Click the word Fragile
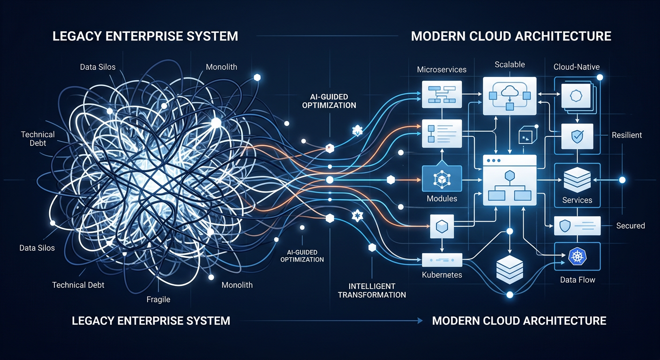click(x=158, y=299)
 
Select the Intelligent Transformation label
click(x=372, y=291)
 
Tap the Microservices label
click(x=442, y=69)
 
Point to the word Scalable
click(x=510, y=65)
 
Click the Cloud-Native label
click(x=576, y=67)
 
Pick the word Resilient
click(x=627, y=135)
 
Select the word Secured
click(x=630, y=226)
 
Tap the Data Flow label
click(x=577, y=280)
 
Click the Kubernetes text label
click(x=442, y=275)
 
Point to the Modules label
click(x=442, y=199)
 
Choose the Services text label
click(x=577, y=200)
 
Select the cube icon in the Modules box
click(x=442, y=179)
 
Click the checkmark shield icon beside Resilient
click(x=577, y=136)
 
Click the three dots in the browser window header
click(x=494, y=160)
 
